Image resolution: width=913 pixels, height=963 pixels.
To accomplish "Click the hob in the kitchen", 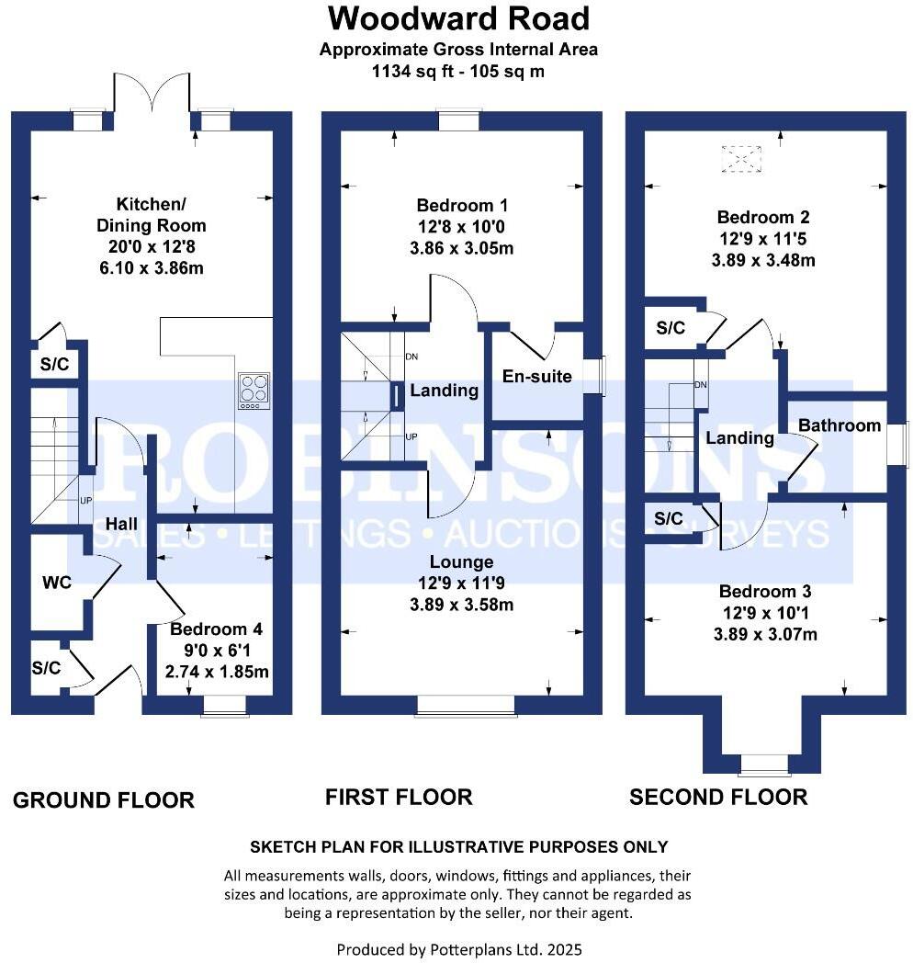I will pyautogui.click(x=254, y=390).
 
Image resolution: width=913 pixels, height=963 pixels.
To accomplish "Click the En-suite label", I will pyautogui.click(x=537, y=376).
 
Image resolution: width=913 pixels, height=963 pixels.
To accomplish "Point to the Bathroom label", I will pyautogui.click(x=839, y=425).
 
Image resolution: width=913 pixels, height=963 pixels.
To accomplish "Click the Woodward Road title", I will pyautogui.click(x=458, y=18).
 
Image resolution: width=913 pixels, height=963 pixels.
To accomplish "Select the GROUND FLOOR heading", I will pyautogui.click(x=103, y=800).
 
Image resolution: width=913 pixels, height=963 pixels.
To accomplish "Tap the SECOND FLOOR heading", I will pyautogui.click(x=718, y=797).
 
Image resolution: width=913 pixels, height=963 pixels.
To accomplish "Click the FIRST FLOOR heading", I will pyautogui.click(x=399, y=797).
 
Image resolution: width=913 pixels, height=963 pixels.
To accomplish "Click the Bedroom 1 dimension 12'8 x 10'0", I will pyautogui.click(x=462, y=227).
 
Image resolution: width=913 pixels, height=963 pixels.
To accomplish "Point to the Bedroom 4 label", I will pyautogui.click(x=217, y=629).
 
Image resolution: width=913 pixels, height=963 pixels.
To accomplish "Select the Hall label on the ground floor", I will pyautogui.click(x=121, y=523).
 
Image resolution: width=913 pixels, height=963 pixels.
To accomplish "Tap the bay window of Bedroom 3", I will pyautogui.click(x=764, y=765).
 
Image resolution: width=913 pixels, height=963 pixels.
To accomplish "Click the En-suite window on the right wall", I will pyautogui.click(x=599, y=376).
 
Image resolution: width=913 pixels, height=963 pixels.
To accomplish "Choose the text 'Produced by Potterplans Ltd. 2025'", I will pyautogui.click(x=458, y=949).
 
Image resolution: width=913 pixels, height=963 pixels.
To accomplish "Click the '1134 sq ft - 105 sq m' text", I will pyautogui.click(x=458, y=71).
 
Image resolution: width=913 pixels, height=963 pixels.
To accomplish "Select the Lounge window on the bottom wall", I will pyautogui.click(x=466, y=705).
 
